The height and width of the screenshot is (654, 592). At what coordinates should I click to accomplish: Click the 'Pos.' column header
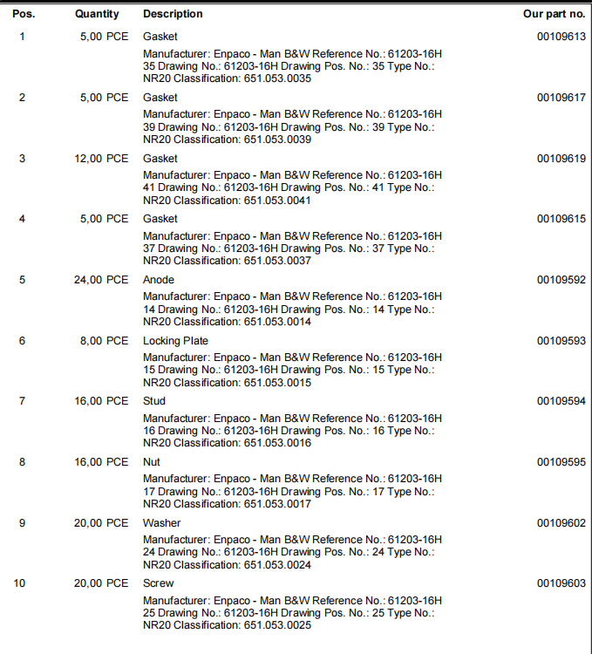pyautogui.click(x=24, y=14)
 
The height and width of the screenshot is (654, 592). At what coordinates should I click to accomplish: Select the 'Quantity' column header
pyautogui.click(x=98, y=14)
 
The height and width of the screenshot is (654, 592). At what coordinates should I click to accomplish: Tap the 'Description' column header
pyautogui.click(x=173, y=14)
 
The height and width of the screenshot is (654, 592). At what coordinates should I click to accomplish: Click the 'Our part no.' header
pyautogui.click(x=554, y=14)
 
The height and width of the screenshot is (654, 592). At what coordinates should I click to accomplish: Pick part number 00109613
pyautogui.click(x=561, y=37)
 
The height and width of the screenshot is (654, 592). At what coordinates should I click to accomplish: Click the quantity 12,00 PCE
pyautogui.click(x=100, y=159)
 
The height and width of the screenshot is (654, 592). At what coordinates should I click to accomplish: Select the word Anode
pyautogui.click(x=159, y=280)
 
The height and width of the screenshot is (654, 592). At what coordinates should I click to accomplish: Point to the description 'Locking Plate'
pyautogui.click(x=175, y=341)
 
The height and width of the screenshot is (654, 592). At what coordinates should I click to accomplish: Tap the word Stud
pyautogui.click(x=154, y=401)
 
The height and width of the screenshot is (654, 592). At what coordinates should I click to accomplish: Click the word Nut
pyautogui.click(x=152, y=462)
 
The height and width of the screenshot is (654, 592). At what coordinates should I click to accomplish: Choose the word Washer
pyautogui.click(x=162, y=523)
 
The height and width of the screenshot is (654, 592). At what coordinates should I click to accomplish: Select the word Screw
pyautogui.click(x=158, y=583)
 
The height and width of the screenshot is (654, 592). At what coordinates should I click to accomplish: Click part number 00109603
pyautogui.click(x=561, y=583)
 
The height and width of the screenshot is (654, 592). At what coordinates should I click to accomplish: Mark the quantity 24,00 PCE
pyautogui.click(x=100, y=280)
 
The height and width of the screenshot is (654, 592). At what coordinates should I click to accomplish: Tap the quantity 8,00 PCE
pyautogui.click(x=104, y=341)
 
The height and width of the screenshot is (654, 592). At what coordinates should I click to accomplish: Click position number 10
pyautogui.click(x=20, y=583)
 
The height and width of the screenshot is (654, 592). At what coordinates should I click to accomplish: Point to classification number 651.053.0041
pyautogui.click(x=277, y=201)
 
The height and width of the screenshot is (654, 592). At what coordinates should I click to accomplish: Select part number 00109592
pyautogui.click(x=561, y=280)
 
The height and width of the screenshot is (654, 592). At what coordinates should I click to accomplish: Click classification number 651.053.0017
pyautogui.click(x=277, y=504)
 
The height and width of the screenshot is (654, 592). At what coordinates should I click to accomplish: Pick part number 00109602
pyautogui.click(x=561, y=523)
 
